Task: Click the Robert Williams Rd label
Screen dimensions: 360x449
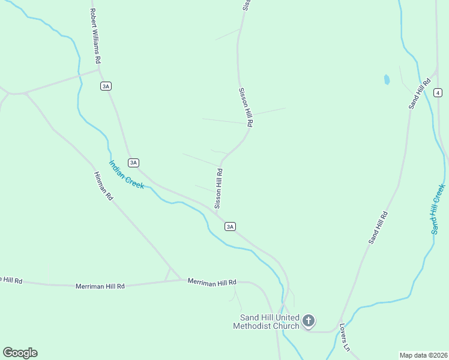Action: click(x=95, y=35)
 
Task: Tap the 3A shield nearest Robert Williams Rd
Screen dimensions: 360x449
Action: click(x=106, y=86)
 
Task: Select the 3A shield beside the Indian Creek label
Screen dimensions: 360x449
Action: click(x=134, y=163)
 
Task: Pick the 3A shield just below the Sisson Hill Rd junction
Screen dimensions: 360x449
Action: click(x=230, y=226)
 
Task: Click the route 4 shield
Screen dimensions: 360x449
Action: click(x=438, y=92)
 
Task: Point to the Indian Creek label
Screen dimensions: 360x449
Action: click(x=126, y=175)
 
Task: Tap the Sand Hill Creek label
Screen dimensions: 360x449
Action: click(x=437, y=209)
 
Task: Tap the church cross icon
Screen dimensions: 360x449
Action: click(x=309, y=320)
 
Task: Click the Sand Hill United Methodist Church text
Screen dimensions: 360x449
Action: click(x=269, y=322)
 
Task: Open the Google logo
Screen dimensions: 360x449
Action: click(x=20, y=353)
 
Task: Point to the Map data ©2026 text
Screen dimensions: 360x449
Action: click(x=423, y=355)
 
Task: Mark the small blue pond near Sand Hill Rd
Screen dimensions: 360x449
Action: click(x=387, y=79)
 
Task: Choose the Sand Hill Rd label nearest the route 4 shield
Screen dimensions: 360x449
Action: click(x=420, y=93)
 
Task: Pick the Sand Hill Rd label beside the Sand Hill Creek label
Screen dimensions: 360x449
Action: click(x=378, y=227)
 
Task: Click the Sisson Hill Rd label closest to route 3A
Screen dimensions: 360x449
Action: click(x=220, y=188)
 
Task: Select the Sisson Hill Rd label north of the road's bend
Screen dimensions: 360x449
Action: click(x=246, y=107)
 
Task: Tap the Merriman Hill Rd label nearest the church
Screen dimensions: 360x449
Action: click(x=212, y=281)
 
